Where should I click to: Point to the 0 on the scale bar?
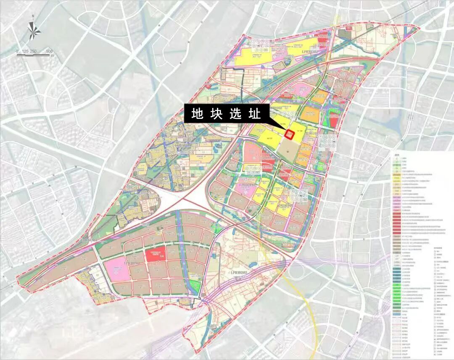coord(17,51)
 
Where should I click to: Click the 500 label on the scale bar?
coord(49,51)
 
